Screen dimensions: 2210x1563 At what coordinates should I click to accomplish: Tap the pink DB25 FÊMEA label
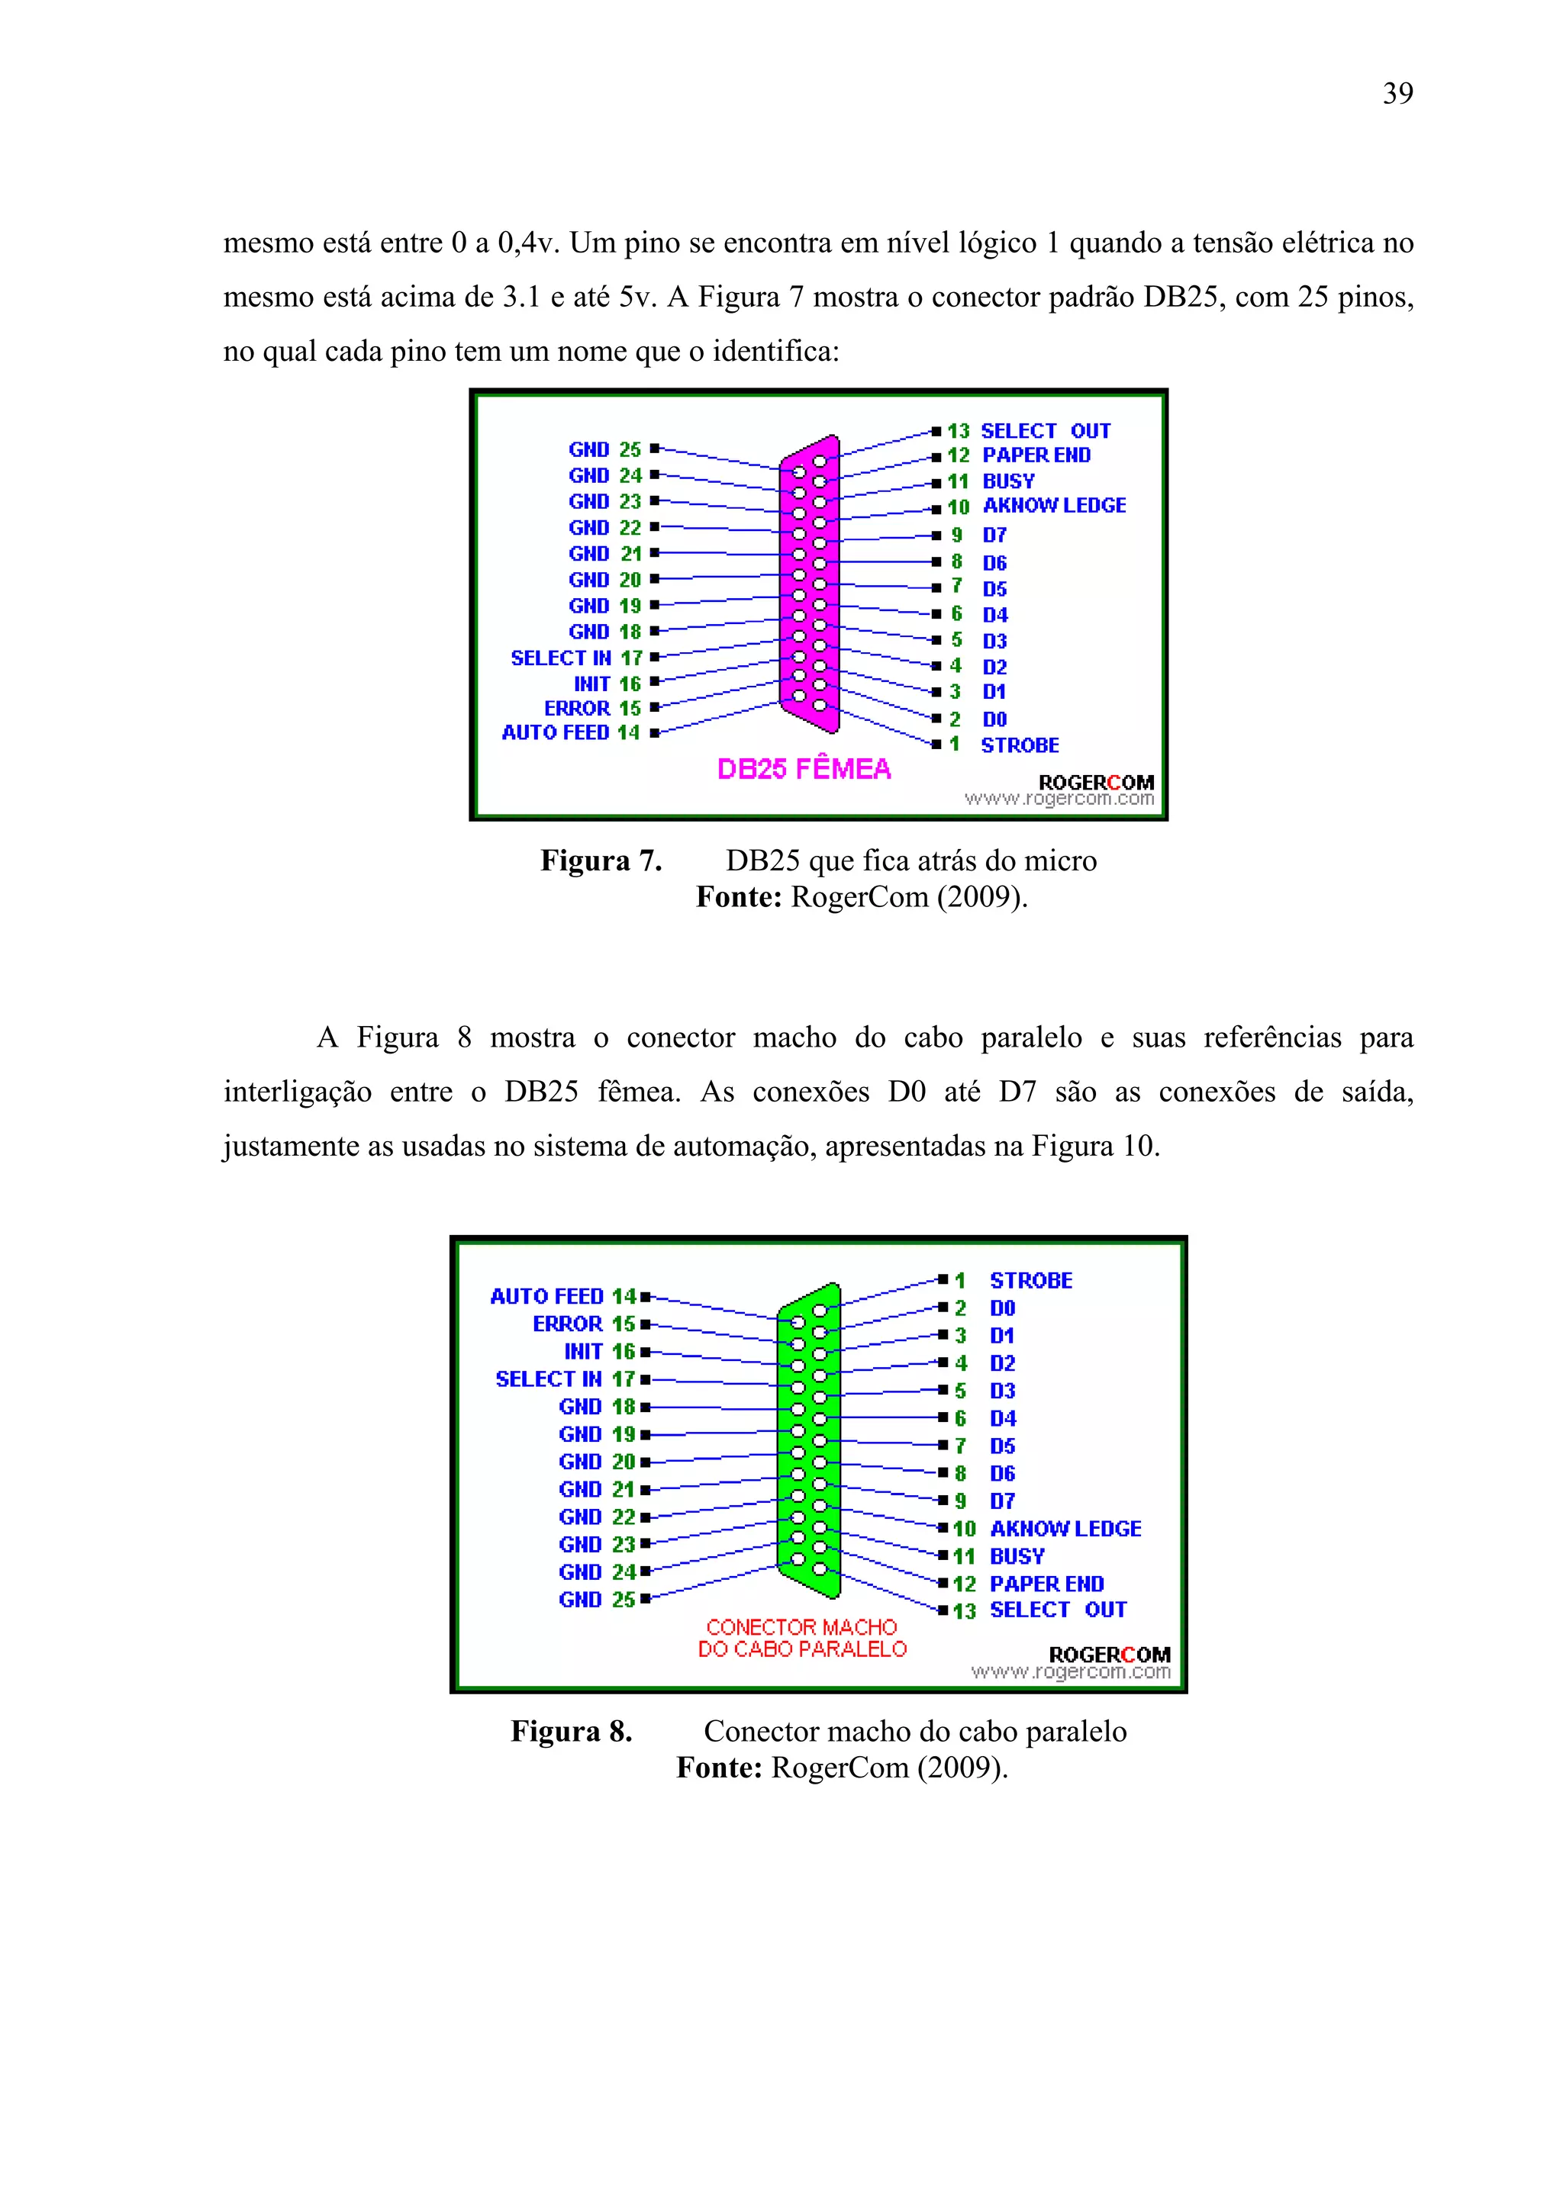pyautogui.click(x=804, y=769)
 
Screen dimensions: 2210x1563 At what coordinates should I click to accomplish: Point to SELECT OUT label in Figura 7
pyautogui.click(x=1045, y=430)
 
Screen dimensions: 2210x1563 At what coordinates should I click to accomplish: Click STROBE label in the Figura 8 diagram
pyautogui.click(x=1030, y=1280)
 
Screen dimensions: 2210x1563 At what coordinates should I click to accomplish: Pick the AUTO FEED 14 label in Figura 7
pyautogui.click(x=570, y=732)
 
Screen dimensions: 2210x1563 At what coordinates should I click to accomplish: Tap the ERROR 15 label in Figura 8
pyautogui.click(x=584, y=1324)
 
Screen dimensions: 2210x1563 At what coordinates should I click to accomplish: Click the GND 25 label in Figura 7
pyautogui.click(x=604, y=449)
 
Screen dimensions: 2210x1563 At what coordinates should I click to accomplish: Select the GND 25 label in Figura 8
pyautogui.click(x=596, y=1600)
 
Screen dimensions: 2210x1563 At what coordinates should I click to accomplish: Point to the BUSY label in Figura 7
pyautogui.click(x=1008, y=481)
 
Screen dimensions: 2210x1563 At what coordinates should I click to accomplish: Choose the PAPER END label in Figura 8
pyautogui.click(x=1047, y=1584)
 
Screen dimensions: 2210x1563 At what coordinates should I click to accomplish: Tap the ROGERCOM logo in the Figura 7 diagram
pyautogui.click(x=1096, y=783)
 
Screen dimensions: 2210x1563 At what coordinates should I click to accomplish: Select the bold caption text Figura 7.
pyautogui.click(x=601, y=861)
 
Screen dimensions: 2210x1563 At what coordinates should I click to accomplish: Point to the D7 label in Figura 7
pyautogui.click(x=994, y=536)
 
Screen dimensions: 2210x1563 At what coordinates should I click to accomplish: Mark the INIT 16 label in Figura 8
pyautogui.click(x=599, y=1352)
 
